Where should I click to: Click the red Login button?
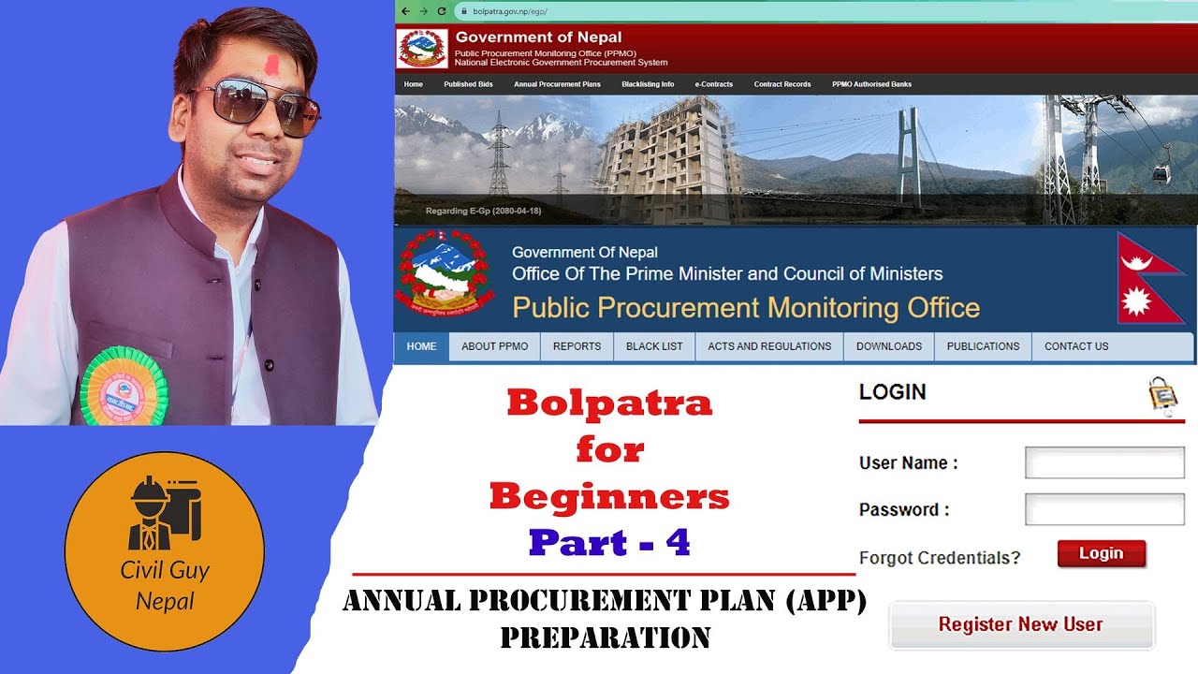(1102, 553)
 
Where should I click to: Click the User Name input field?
(1104, 462)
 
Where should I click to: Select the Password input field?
(1104, 509)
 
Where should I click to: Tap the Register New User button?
(1021, 624)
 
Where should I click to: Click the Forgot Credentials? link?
(940, 558)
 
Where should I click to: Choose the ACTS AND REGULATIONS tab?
(769, 346)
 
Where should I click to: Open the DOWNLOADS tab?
(888, 346)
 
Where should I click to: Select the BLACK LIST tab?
(654, 346)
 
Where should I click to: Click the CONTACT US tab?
(1075, 346)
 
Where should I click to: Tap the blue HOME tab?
(421, 346)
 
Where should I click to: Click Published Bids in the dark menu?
(468, 84)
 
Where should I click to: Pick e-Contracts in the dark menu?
(713, 84)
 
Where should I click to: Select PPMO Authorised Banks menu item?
(871, 84)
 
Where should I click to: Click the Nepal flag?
(1150, 279)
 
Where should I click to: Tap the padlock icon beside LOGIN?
(1162, 394)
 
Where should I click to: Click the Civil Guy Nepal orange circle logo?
(165, 552)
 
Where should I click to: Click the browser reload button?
(441, 11)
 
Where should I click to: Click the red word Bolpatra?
(609, 403)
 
